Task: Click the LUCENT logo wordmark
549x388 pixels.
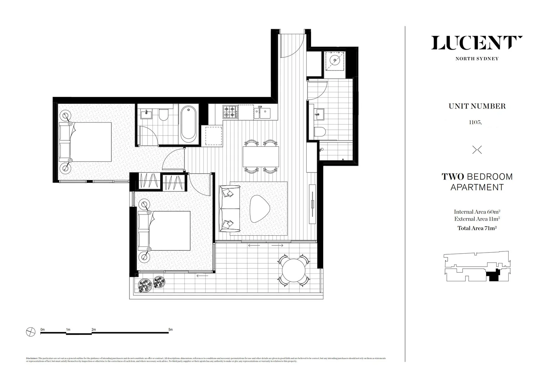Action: [477, 43]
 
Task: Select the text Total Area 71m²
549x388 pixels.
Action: [477, 228]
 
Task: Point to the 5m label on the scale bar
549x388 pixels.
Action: [170, 329]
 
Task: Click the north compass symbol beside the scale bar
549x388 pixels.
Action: [31, 332]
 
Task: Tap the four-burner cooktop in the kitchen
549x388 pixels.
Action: [230, 112]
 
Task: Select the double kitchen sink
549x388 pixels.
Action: [263, 112]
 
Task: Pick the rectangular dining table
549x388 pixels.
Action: [261, 156]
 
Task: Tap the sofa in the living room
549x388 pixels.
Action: [229, 209]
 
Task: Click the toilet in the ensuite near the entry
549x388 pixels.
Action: [319, 131]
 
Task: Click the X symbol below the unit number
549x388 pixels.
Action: [477, 150]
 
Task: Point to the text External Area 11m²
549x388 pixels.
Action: [477, 219]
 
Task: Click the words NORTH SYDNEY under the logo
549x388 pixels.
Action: [477, 59]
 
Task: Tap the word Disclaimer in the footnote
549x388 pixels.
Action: [32, 358]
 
